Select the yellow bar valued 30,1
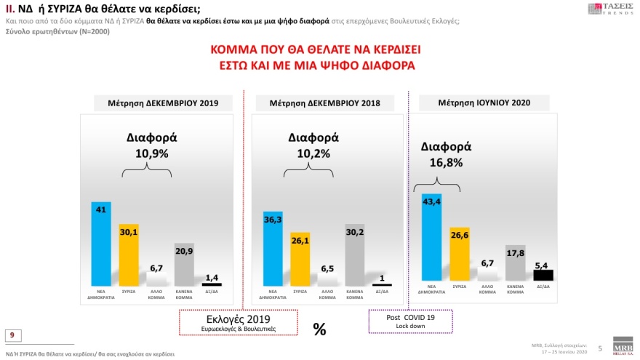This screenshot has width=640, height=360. tap(129, 255)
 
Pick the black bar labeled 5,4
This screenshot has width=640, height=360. tap(543, 275)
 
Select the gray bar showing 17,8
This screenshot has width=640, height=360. tap(515, 263)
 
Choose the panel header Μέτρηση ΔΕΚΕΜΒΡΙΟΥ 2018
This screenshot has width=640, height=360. tap(320, 103)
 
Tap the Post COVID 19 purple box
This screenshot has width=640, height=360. tap(410, 321)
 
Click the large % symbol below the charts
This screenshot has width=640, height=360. tap(319, 329)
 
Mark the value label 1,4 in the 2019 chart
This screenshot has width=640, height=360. tap(212, 278)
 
